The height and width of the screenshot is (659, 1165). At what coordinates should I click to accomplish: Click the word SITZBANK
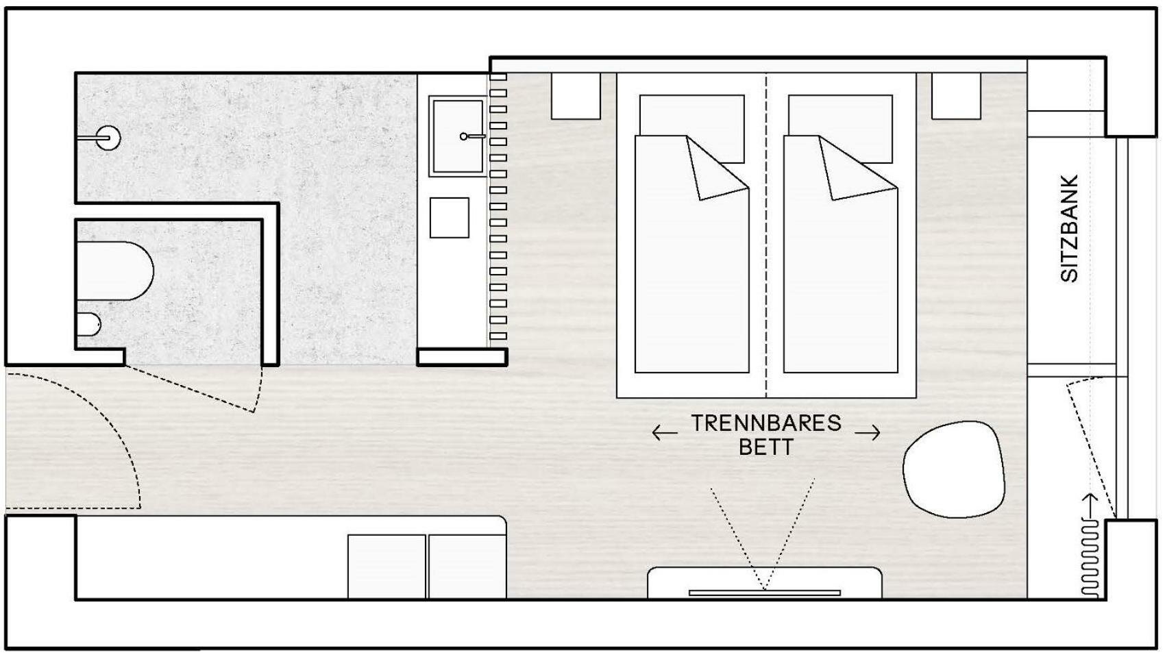point(1069,229)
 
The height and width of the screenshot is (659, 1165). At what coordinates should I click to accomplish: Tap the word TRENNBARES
point(766,423)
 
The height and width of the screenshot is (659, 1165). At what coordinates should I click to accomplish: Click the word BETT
point(766,447)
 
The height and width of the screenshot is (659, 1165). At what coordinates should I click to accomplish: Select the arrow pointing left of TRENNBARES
point(665,432)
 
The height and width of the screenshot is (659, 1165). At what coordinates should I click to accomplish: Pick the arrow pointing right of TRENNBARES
point(868,432)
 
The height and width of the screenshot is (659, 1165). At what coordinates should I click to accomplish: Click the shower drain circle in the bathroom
point(109,138)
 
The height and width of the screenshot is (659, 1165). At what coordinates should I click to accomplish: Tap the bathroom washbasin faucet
point(472,137)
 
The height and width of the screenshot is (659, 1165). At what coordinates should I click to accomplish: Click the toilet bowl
point(115,271)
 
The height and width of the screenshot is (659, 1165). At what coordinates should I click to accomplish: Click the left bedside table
point(576,96)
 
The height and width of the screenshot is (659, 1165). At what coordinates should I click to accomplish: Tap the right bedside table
point(956,96)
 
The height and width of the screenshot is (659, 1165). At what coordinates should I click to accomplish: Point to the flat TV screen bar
point(765,593)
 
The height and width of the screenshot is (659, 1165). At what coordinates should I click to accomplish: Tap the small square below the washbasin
point(450,218)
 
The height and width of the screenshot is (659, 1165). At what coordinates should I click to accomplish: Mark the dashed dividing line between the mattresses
point(766,236)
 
